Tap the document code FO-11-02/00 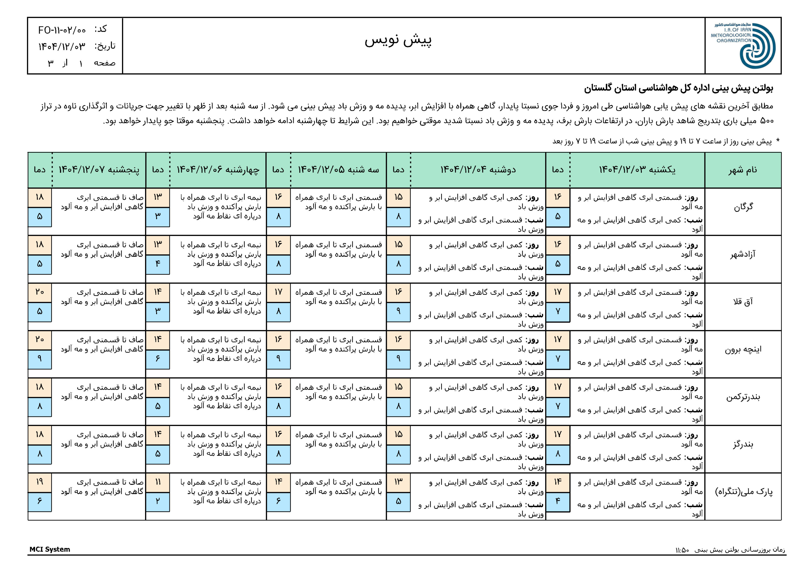[x=62, y=30]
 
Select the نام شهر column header [x=743, y=170]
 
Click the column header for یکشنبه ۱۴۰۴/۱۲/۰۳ [x=637, y=170]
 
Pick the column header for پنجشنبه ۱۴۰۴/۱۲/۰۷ [x=99, y=170]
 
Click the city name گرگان [x=743, y=207]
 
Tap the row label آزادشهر [x=743, y=254]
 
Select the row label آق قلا [x=743, y=302]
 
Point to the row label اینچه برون [x=743, y=349]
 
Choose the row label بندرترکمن [x=743, y=397]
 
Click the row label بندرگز [x=743, y=444]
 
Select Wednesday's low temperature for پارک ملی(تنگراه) [x=157, y=501]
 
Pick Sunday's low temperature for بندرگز [x=557, y=453]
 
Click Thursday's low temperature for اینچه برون [x=40, y=358]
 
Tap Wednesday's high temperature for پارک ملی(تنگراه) [x=157, y=482]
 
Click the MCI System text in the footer [x=50, y=549]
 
